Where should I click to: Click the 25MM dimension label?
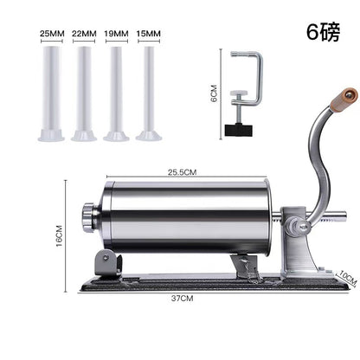[52, 34]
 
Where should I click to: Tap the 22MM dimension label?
[84, 34]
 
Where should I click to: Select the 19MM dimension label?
[116, 34]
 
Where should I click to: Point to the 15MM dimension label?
[148, 34]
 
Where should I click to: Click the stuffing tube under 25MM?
[51, 93]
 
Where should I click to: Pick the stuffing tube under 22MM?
[84, 93]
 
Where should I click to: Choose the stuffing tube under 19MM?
[116, 93]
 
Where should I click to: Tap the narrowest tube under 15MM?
[149, 93]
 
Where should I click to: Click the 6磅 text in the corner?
[323, 32]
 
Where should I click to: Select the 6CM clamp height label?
[214, 93]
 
